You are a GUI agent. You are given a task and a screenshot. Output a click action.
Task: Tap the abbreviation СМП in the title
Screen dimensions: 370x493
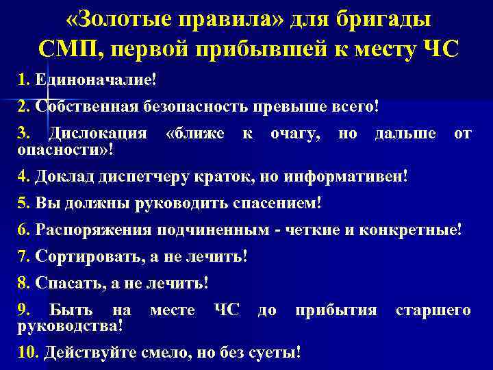pyautogui.click(x=64, y=49)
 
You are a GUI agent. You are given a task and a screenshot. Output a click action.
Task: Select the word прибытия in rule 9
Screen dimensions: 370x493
pyautogui.click(x=336, y=310)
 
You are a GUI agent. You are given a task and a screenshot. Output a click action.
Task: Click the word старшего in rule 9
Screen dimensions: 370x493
pyautogui.click(x=433, y=310)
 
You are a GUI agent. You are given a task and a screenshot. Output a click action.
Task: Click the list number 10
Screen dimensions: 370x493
pyautogui.click(x=27, y=353)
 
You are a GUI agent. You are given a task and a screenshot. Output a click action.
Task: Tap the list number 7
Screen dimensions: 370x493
pyautogui.click(x=23, y=257)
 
